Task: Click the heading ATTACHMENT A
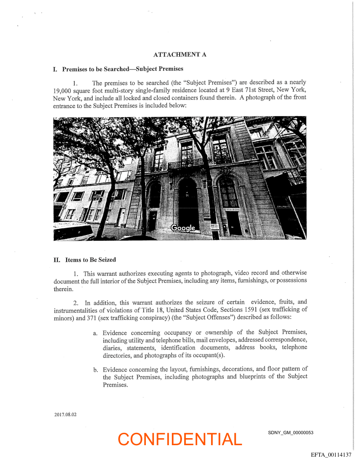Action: [x=180, y=55]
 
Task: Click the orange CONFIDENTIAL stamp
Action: [x=180, y=439]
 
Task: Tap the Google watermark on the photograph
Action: [x=182, y=228]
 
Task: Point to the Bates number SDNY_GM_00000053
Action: [x=290, y=432]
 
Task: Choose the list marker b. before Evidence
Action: [x=96, y=369]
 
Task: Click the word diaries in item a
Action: [x=111, y=347]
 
